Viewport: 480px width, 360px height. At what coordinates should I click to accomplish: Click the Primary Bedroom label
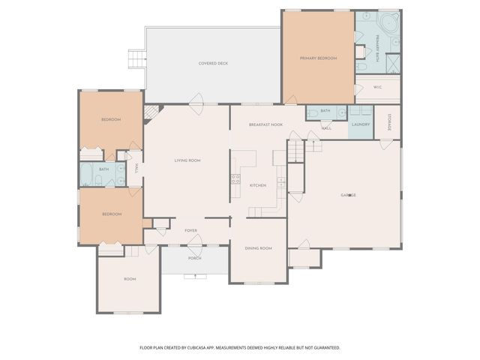click(x=318, y=58)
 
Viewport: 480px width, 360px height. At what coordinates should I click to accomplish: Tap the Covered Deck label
click(x=213, y=64)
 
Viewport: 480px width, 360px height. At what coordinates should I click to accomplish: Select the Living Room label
click(x=187, y=160)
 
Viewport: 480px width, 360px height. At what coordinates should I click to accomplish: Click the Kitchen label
click(x=258, y=185)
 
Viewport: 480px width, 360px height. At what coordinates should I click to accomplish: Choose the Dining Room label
click(x=258, y=248)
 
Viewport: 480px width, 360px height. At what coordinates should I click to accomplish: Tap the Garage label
click(x=348, y=195)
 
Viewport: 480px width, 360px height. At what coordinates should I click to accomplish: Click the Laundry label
click(x=361, y=124)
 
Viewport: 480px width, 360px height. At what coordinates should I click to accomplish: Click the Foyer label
click(x=190, y=231)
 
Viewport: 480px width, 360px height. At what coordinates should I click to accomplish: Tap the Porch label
click(x=194, y=259)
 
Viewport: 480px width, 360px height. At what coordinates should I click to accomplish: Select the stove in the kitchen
click(x=235, y=180)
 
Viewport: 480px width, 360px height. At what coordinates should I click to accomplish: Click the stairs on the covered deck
click(x=136, y=58)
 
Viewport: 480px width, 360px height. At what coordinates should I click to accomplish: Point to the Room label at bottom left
click(x=130, y=279)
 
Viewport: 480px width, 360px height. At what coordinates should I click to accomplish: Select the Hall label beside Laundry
click(x=326, y=128)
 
